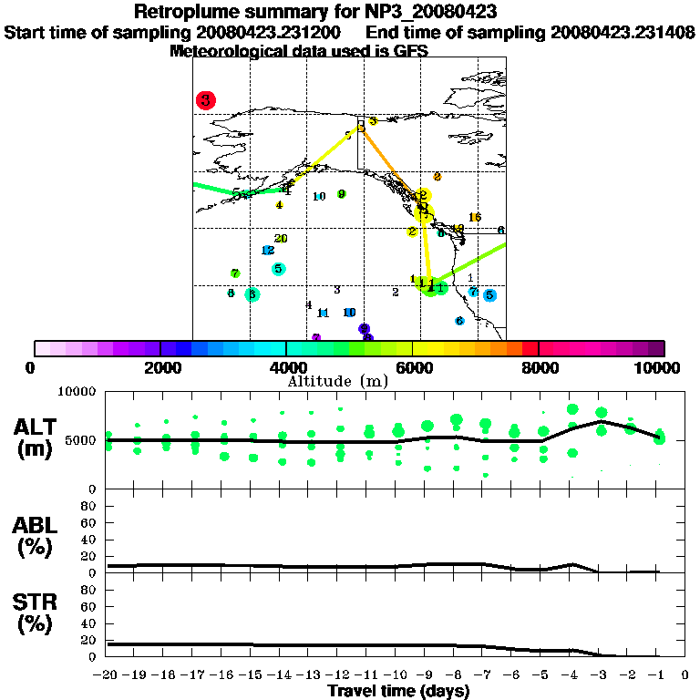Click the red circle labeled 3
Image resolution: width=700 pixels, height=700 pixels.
click(x=206, y=100)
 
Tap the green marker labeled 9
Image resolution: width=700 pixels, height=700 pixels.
click(x=341, y=194)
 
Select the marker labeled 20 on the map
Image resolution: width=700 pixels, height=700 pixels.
click(x=281, y=239)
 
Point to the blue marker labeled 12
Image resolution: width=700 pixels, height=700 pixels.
click(x=268, y=251)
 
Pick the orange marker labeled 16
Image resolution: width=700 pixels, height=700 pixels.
click(x=474, y=217)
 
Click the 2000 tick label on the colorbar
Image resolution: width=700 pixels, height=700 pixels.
click(x=160, y=367)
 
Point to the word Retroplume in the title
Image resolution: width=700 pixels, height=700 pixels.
click(x=180, y=13)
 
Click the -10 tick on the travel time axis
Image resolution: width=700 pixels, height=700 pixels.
click(x=398, y=675)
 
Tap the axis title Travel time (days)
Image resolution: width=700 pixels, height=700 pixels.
click(x=398, y=692)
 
